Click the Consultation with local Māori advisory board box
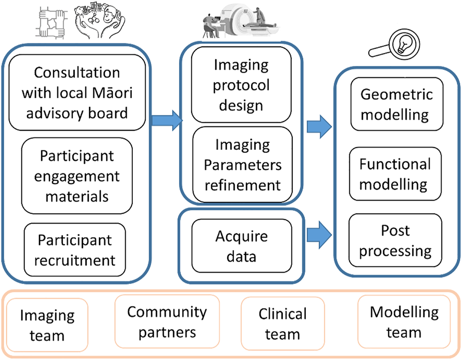pos(77,93)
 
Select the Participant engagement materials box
pos(77,176)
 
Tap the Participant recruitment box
pos(75,250)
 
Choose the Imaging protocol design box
pos(241,85)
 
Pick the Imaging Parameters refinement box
pos(241,165)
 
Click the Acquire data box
pos(241,246)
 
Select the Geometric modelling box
pos(395,105)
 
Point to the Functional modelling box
pos(395,174)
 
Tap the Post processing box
pos(395,240)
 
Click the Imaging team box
pos(47,325)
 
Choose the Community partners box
pos(167,321)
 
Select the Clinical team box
pos(282,324)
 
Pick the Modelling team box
pos(404,322)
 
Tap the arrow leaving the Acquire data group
pos(318,232)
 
